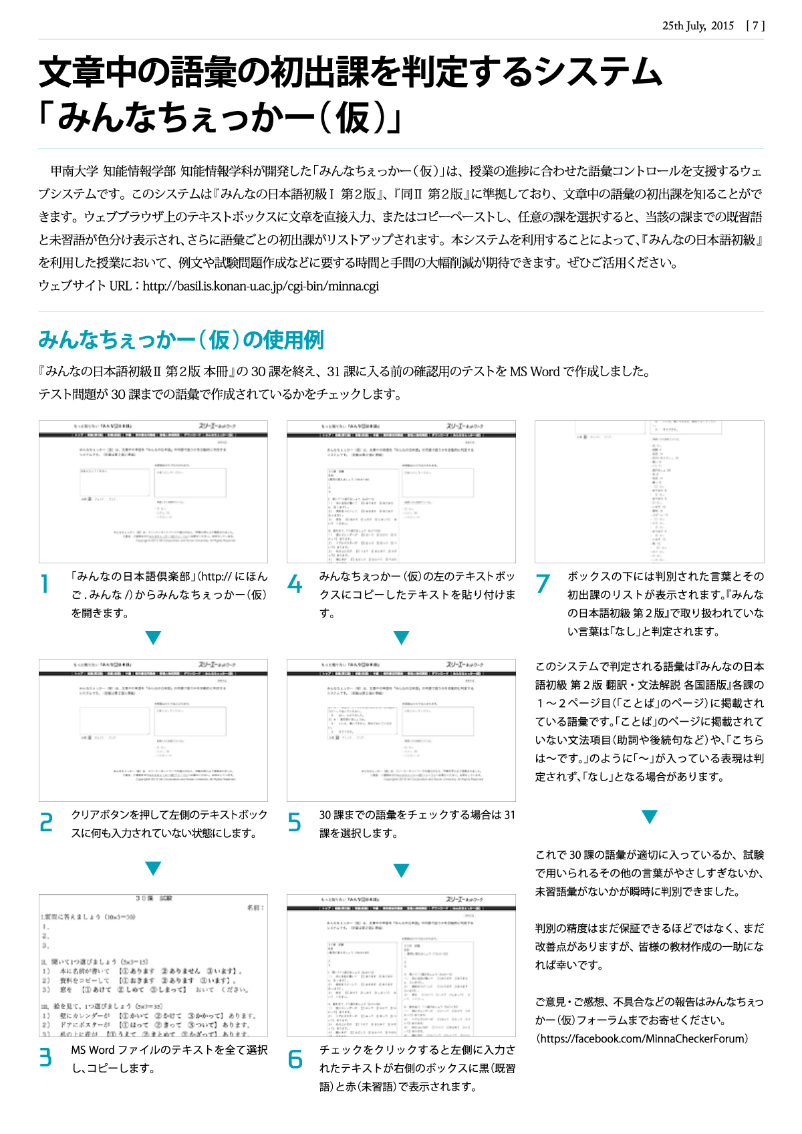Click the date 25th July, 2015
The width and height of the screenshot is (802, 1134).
[x=698, y=25]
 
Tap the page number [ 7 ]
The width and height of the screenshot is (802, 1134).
[x=755, y=25]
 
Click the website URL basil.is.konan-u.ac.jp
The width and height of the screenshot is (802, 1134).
[x=261, y=286]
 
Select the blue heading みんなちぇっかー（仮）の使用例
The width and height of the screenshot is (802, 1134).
[x=181, y=340]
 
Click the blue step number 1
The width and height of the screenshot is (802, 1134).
[x=45, y=585]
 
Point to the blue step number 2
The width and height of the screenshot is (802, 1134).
[x=45, y=823]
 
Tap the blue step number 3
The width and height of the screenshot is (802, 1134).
[x=45, y=1058]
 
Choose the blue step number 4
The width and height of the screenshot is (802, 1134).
[x=294, y=585]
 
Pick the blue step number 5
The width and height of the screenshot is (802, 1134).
[x=294, y=823]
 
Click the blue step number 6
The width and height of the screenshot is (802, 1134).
[x=295, y=1059]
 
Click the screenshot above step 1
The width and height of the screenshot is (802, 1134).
[x=153, y=491]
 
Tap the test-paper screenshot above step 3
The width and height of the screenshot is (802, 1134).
[x=153, y=965]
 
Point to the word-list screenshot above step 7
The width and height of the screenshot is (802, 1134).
[x=649, y=491]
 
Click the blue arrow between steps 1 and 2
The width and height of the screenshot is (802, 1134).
[x=153, y=637]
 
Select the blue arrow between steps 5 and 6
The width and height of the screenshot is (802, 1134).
[x=401, y=871]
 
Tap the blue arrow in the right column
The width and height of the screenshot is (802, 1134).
[x=649, y=817]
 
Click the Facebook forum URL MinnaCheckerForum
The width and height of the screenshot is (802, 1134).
[x=642, y=1038]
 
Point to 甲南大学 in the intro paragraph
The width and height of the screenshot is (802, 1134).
[x=74, y=171]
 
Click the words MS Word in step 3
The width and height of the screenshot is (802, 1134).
[x=93, y=1050]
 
